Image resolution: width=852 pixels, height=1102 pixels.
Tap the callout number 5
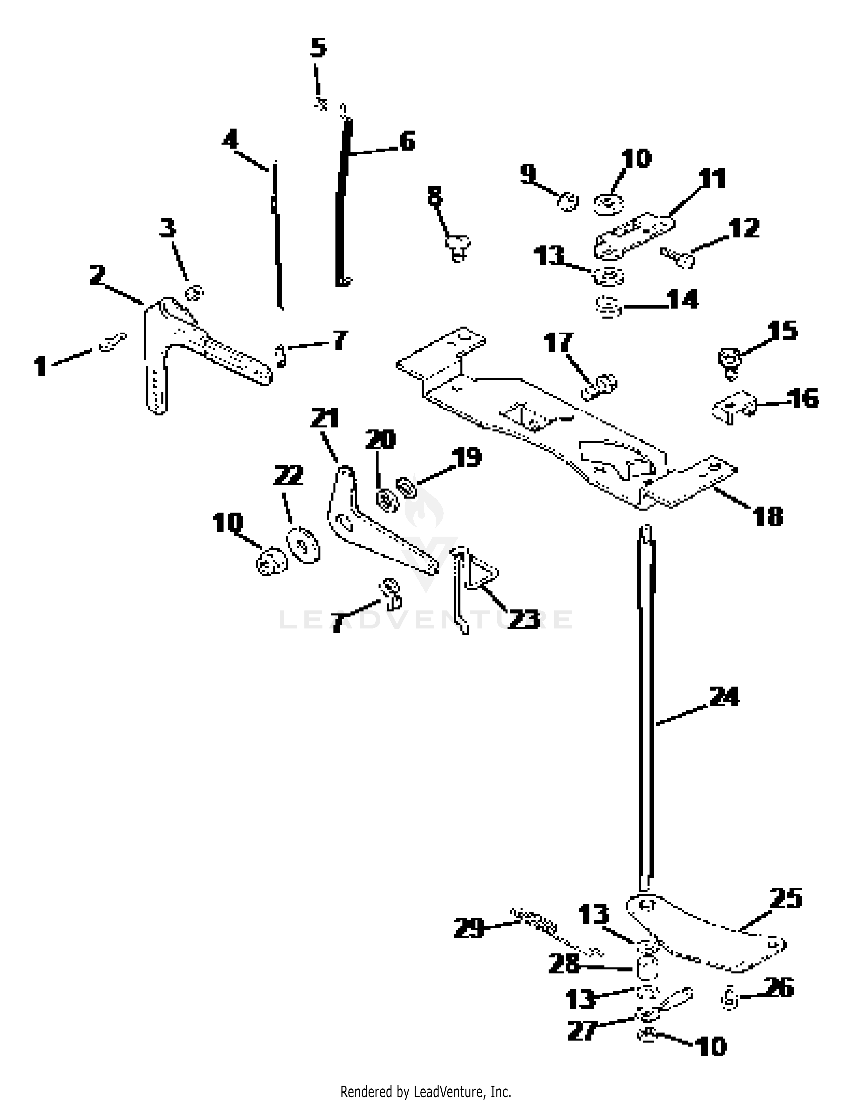(318, 48)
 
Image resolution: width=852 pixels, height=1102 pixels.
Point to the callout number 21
(324, 418)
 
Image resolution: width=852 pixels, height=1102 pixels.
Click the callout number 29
(468, 927)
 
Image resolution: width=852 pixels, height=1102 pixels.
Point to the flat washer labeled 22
(303, 545)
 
